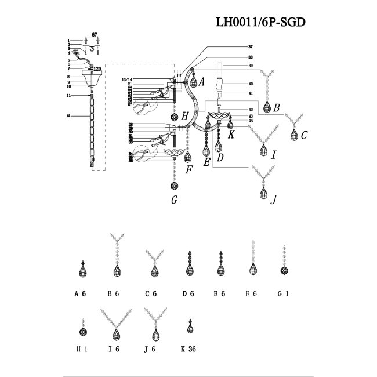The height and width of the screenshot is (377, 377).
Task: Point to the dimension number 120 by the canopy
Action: [98, 68]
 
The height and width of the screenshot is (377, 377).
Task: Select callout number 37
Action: [234, 46]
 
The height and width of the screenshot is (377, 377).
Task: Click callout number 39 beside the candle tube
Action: [234, 67]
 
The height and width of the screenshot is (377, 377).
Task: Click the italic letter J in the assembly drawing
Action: [274, 200]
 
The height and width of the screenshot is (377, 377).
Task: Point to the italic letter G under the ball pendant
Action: [173, 201]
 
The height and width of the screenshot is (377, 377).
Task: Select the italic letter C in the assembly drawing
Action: [303, 135]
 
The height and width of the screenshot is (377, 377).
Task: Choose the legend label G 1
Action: [283, 294]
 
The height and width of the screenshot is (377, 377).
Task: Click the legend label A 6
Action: [80, 294]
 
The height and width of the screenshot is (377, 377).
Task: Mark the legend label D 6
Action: [188, 294]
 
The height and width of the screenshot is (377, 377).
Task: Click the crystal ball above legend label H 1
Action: [83, 332]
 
